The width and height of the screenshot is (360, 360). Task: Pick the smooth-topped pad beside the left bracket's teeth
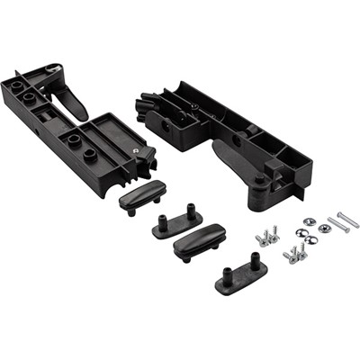143,193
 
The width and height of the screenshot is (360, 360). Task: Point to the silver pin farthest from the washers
347,219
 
